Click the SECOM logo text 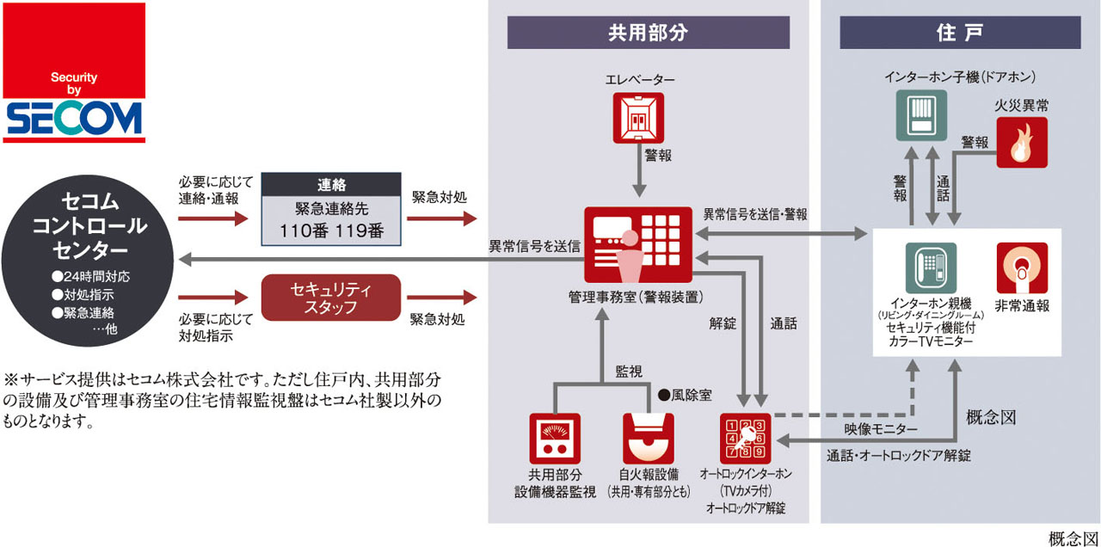[74, 120]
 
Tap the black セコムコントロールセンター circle [89, 259]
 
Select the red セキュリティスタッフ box [331, 297]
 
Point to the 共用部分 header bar [648, 33]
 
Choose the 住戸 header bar [960, 33]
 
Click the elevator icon [639, 119]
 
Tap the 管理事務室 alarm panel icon [638, 244]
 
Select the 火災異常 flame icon [1022, 142]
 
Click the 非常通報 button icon [1022, 268]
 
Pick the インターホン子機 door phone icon [921, 115]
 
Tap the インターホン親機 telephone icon [931, 268]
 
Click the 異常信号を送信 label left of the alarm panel [535, 247]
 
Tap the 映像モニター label [881, 428]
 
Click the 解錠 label [723, 324]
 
